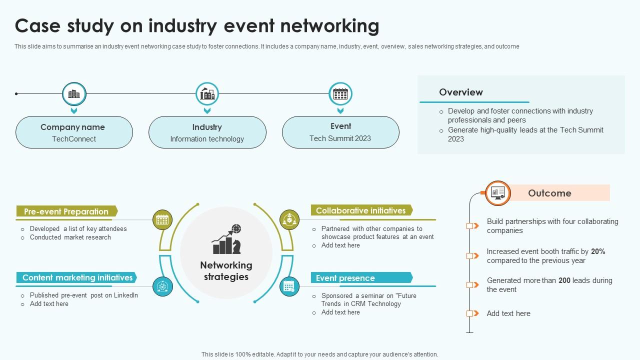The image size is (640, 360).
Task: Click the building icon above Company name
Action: point(74,94)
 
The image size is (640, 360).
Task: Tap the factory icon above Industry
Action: point(207,94)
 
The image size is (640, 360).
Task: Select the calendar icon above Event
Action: point(340,94)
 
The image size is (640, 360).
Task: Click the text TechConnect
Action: point(74,139)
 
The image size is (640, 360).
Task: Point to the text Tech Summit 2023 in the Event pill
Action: point(340,138)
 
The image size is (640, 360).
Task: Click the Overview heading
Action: point(460,92)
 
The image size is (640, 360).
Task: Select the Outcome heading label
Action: point(549,193)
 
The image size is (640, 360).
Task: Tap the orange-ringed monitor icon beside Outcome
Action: point(498,193)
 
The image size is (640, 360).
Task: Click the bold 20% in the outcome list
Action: point(598,251)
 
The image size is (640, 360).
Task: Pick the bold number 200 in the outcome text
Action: point(564,280)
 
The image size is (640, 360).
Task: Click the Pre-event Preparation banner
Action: point(66,211)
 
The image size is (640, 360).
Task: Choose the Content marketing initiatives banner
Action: point(77,277)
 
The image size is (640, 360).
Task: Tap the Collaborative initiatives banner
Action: point(361,210)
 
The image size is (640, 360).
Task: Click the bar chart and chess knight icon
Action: point(226,239)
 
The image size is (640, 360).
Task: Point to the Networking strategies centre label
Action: point(226,270)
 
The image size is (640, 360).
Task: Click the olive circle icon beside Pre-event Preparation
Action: point(162,219)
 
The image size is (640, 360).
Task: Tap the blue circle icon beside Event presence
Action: point(289,286)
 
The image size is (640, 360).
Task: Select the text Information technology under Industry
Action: point(207,139)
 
